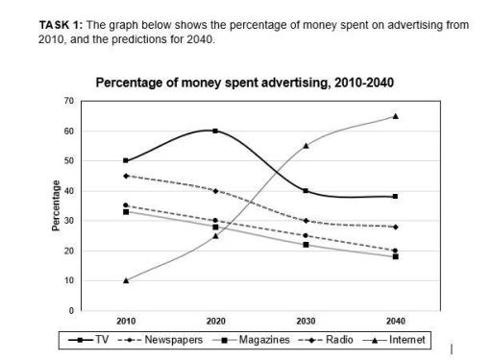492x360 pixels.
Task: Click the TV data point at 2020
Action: pos(215,131)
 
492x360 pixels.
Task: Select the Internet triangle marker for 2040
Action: pos(395,116)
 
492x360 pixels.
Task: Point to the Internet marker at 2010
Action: pos(125,280)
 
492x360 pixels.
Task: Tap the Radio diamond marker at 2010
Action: pos(125,176)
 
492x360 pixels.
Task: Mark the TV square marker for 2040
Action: pos(395,196)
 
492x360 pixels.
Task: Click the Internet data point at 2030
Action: pos(306,146)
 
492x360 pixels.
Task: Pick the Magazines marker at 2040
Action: pos(395,256)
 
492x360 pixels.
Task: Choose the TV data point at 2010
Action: pos(125,160)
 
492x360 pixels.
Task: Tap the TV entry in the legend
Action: pos(90,340)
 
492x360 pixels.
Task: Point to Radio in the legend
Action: pos(332,340)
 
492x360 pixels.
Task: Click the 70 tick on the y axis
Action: pos(69,101)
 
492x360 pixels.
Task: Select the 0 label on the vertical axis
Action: pos(71,311)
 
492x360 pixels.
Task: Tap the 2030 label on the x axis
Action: pos(306,321)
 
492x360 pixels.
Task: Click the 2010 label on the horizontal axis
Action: pos(125,321)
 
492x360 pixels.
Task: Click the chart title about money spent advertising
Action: pos(245,84)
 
